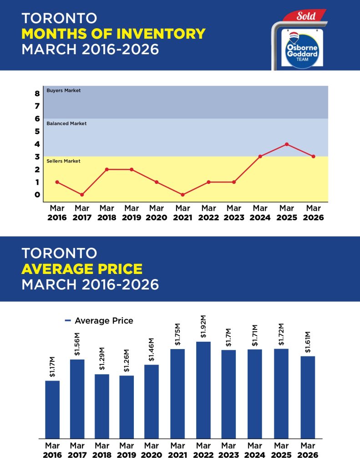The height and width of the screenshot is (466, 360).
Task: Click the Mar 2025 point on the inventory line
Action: pyautogui.click(x=287, y=144)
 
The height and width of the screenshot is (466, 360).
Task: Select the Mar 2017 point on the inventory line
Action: pyautogui.click(x=82, y=195)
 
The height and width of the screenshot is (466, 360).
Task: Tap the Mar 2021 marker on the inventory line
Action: pyautogui.click(x=183, y=195)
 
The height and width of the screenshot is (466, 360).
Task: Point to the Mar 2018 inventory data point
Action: pyautogui.click(x=107, y=169)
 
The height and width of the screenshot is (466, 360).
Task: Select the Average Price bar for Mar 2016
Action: pyautogui.click(x=52, y=409)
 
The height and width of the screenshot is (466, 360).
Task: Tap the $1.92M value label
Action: pyautogui.click(x=203, y=326)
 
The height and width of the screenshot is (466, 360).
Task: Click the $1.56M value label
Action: pyautogui.click(x=77, y=344)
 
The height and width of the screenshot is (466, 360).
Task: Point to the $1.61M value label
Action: pyautogui.click(x=308, y=341)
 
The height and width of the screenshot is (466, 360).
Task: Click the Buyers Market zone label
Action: pyautogui.click(x=64, y=91)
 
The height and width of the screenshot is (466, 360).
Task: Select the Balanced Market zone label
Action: pyautogui.click(x=66, y=123)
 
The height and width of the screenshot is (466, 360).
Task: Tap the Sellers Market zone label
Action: pyautogui.click(x=64, y=161)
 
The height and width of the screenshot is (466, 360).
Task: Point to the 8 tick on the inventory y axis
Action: pyautogui.click(x=37, y=94)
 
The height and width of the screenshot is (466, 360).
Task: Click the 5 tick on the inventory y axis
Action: pyautogui.click(x=37, y=132)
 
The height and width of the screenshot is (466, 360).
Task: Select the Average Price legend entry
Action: pyautogui.click(x=99, y=321)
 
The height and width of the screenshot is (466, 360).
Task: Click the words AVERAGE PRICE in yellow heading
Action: pyautogui.click(x=82, y=268)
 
